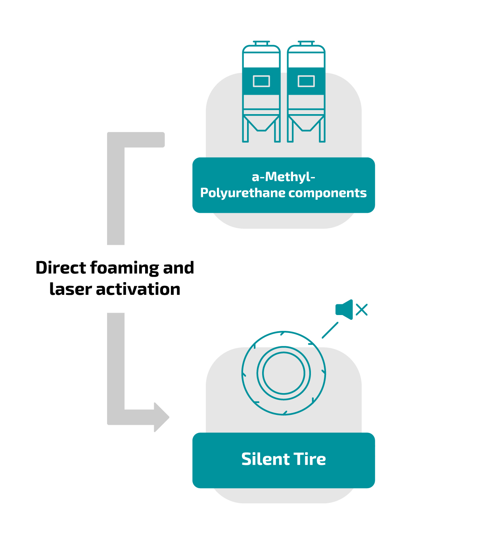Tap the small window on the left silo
261,81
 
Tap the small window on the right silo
306,81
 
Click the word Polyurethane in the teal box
243,193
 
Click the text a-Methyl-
283,177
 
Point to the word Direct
61,268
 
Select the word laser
71,289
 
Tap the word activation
138,289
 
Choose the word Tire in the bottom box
310,459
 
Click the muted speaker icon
344,309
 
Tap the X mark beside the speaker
362,309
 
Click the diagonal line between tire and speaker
330,330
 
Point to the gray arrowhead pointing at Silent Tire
161,417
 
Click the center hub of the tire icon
284,373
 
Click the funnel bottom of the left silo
261,124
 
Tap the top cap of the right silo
306,42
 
